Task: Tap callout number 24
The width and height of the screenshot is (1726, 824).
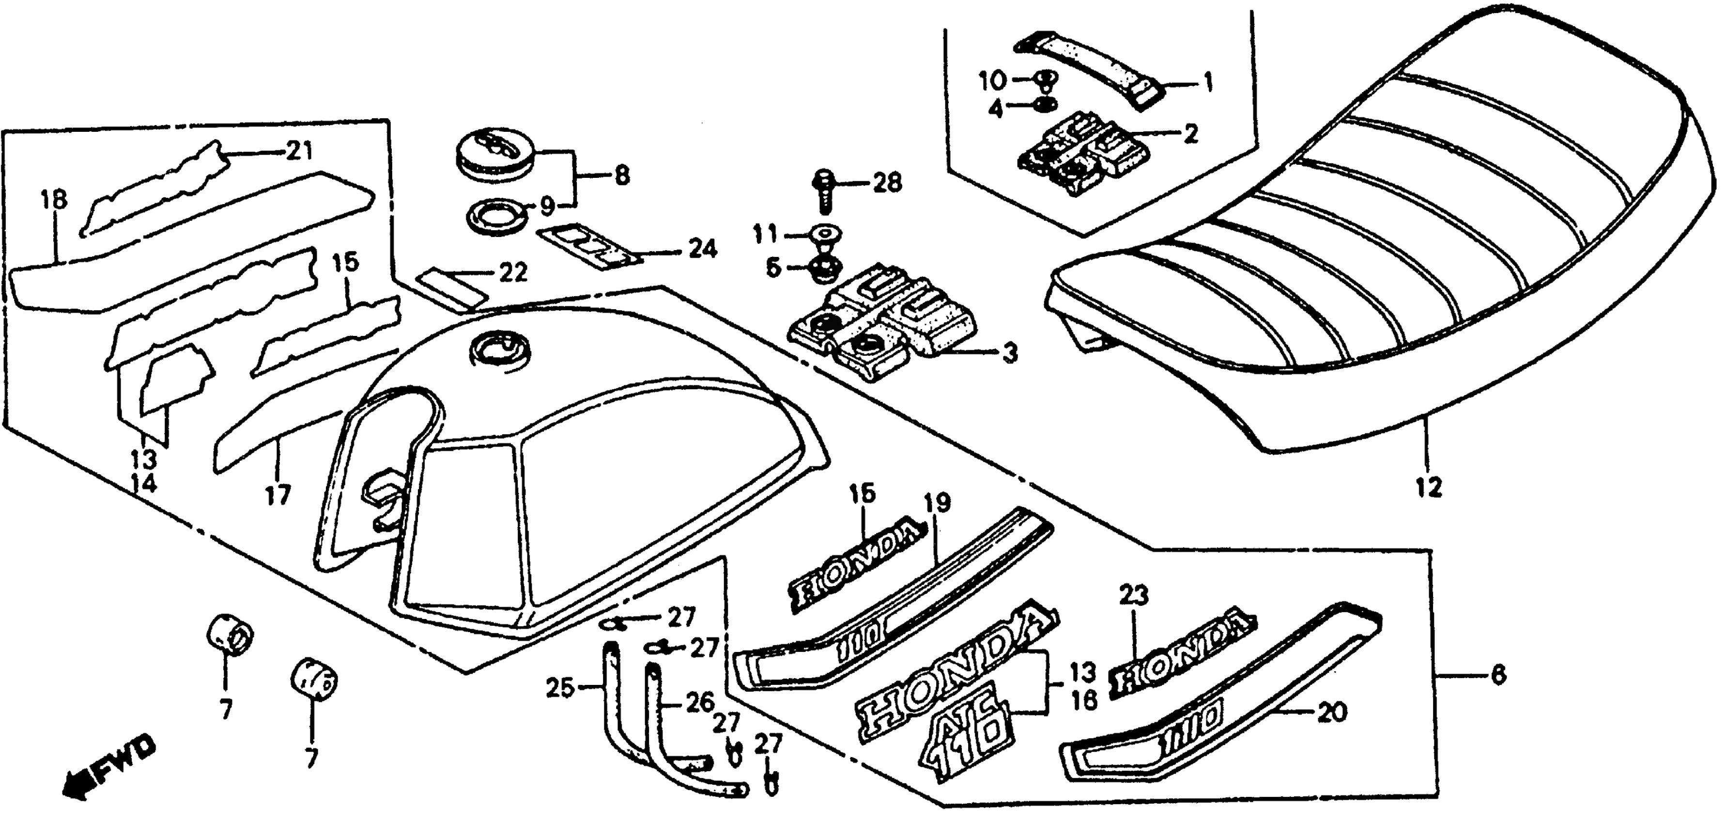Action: [702, 250]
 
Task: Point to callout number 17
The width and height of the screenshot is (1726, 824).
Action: [278, 495]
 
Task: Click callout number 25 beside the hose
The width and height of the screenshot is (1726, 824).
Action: [560, 687]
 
